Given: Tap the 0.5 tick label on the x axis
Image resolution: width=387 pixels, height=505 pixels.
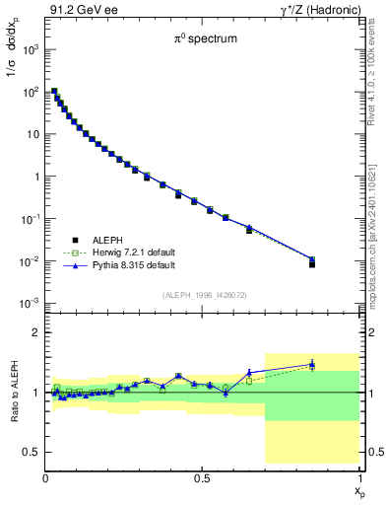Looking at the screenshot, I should tap(203, 478).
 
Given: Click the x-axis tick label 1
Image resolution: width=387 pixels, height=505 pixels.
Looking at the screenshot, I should tap(359, 478).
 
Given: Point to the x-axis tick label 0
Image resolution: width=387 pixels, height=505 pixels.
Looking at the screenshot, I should tap(46, 478).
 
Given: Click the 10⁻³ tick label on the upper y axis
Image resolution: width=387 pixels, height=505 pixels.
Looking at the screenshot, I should tap(31, 303).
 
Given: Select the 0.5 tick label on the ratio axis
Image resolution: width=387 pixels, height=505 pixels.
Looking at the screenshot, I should tap(32, 452).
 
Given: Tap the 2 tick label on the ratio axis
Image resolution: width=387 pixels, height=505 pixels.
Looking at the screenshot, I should tap(35, 333).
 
